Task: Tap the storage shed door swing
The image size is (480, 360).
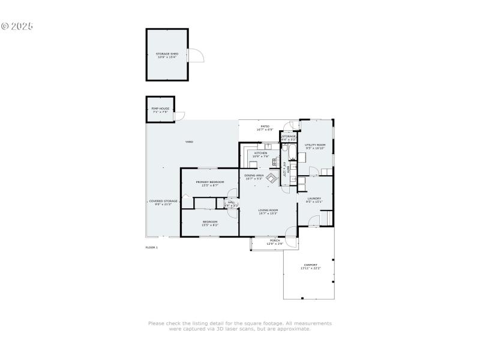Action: (x=197, y=55)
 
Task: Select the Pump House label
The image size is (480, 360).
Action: (x=160, y=110)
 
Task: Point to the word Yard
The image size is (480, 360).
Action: (x=189, y=142)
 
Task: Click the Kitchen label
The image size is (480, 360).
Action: (x=260, y=154)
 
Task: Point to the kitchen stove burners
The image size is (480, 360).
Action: (x=275, y=162)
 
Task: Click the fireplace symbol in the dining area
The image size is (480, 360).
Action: (x=271, y=178)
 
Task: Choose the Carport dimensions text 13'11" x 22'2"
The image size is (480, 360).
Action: (x=310, y=268)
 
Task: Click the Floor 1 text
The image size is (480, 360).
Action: (x=151, y=247)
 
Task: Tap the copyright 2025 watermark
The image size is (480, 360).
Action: (x=17, y=26)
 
